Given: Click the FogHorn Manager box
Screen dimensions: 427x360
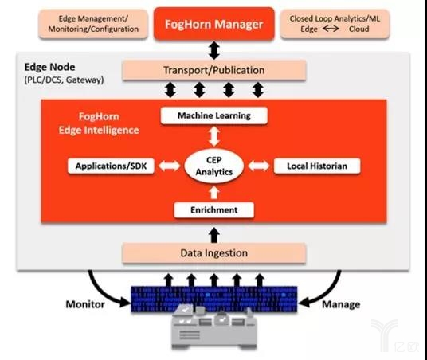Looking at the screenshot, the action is click(214, 24).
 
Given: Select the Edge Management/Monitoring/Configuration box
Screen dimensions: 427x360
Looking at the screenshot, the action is click(93, 24).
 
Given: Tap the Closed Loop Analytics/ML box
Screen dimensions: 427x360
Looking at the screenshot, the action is click(335, 24).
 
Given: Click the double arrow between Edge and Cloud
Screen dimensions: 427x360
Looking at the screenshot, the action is click(331, 29).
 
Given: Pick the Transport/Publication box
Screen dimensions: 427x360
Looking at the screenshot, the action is click(214, 70).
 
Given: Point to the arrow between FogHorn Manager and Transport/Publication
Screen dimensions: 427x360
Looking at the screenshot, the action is click(214, 50).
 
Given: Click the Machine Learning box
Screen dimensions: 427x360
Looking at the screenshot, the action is click(214, 115).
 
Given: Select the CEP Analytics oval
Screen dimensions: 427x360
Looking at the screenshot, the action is click(214, 166).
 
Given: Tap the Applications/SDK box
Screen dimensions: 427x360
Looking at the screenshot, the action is click(111, 166).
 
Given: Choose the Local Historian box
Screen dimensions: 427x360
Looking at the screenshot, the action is click(317, 166).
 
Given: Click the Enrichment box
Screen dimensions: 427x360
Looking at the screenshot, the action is click(214, 210).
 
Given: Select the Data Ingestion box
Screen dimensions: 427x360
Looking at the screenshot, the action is click(214, 253).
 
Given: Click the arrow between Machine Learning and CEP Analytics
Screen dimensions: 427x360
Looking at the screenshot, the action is click(214, 137).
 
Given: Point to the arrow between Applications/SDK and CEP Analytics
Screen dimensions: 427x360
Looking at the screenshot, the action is click(170, 166).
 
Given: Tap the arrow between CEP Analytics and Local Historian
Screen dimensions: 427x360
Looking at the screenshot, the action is click(259, 166).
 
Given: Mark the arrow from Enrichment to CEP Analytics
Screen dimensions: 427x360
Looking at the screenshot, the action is click(214, 193).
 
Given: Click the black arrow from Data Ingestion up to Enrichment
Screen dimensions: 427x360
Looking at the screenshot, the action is click(214, 235).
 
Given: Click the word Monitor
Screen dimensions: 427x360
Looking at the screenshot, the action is click(85, 304).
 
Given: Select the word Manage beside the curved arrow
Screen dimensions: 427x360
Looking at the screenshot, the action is click(341, 304).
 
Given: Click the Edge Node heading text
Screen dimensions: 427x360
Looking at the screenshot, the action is click(49, 67).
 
